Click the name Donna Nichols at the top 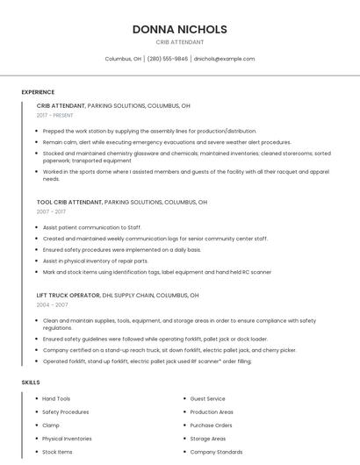coord(179,29)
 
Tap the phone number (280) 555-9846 coord(167,59)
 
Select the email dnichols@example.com coord(224,59)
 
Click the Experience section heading coord(38,92)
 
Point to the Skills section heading coord(31,383)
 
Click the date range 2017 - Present coord(55,115)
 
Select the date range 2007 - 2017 coord(51,211)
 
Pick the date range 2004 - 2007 coord(52,304)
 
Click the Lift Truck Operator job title coord(69,296)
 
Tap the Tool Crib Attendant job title coord(69,202)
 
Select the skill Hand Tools coord(56,398)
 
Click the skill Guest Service coord(207,398)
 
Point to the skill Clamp coord(50,425)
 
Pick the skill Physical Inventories coord(67,438)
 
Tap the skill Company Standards coord(216,452)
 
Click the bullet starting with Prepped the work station coord(149,131)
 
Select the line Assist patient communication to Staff coord(91,227)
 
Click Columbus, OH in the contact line coord(123,59)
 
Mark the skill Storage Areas coord(208,438)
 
